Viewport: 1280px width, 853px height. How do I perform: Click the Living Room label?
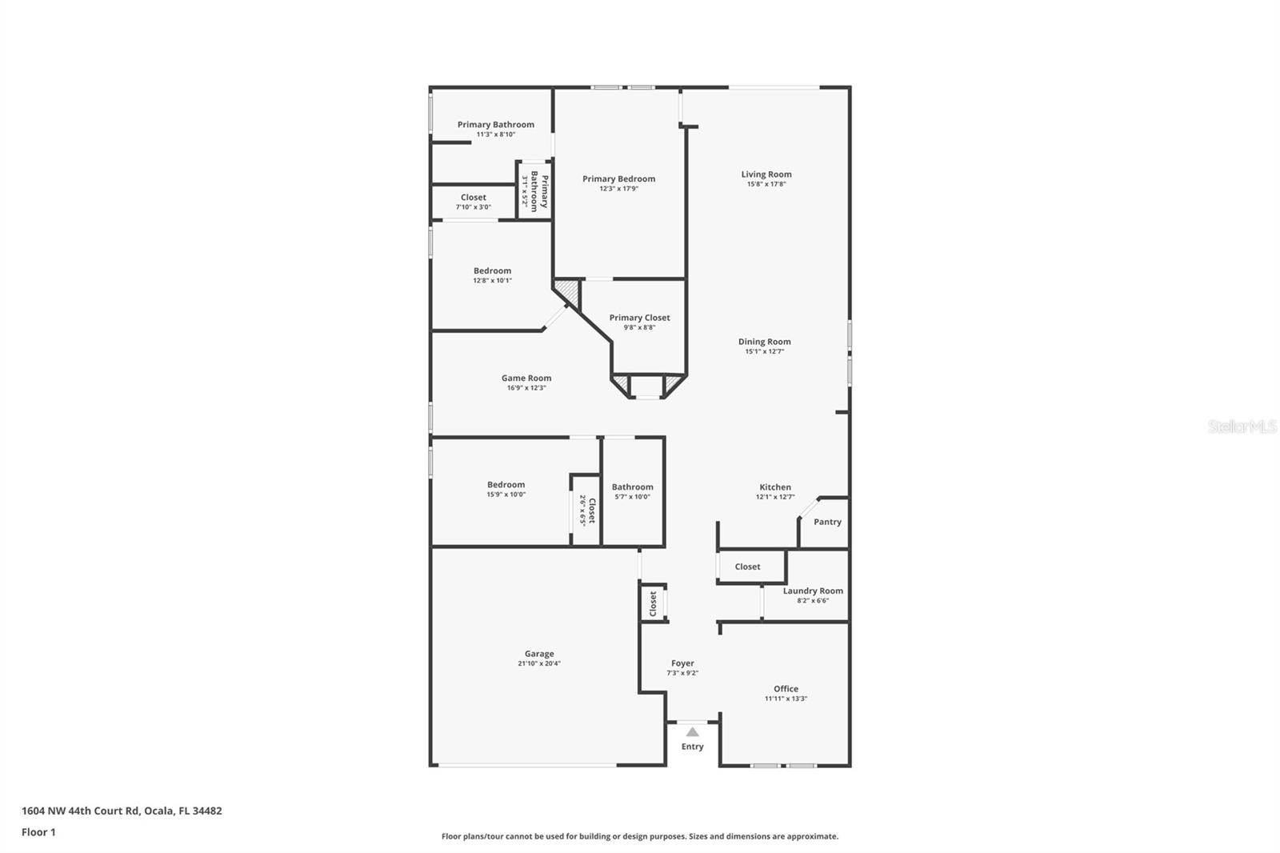[766, 174]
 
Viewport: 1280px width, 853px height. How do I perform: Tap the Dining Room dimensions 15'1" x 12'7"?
[764, 351]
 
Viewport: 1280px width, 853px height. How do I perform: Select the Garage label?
[538, 654]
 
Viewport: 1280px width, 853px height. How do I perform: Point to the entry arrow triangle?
[692, 732]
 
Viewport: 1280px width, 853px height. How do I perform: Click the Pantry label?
[827, 522]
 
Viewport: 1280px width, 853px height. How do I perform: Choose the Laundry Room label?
[813, 591]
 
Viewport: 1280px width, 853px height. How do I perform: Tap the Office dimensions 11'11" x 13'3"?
[786, 699]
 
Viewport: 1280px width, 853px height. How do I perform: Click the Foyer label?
[682, 663]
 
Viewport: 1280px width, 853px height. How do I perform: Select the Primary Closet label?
[639, 318]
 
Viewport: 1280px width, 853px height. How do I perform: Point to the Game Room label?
[526, 378]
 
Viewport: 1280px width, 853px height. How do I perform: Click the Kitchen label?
[774, 487]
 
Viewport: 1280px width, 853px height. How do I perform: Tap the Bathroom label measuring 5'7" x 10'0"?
[632, 487]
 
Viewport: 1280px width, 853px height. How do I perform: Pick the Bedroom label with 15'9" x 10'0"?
[506, 485]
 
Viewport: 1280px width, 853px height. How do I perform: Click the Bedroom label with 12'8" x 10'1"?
[492, 271]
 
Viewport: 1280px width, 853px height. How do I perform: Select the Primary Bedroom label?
[618, 179]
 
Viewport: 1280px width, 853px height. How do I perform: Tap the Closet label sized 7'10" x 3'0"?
[473, 198]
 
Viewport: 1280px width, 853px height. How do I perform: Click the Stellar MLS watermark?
[1242, 427]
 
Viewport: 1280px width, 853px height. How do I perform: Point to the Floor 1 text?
[38, 832]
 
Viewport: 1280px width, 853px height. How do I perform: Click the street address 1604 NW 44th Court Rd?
[80, 811]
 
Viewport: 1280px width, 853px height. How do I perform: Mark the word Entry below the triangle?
[692, 747]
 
